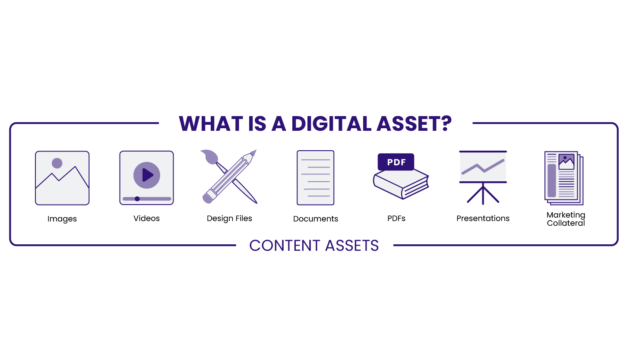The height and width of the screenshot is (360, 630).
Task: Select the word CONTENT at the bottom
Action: coord(284,246)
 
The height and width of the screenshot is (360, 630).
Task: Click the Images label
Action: coord(62,219)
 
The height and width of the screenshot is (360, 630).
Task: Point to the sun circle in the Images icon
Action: coord(57,163)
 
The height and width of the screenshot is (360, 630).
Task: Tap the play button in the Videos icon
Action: coord(147,175)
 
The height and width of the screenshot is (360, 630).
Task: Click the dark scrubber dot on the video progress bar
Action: coord(137,199)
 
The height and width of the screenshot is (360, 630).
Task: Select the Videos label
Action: coord(146,218)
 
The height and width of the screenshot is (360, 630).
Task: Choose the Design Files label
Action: coord(229,218)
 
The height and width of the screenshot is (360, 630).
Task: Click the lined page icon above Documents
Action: coord(316,177)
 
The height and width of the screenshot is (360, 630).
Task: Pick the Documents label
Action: coord(316,219)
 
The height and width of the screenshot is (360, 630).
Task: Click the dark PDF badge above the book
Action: coord(396,162)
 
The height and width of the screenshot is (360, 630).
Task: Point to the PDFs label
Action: coord(396,218)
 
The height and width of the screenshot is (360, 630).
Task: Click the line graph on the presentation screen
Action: coord(483,167)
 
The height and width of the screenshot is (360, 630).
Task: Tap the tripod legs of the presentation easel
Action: coord(483,195)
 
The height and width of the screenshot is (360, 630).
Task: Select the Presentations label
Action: coord(483,218)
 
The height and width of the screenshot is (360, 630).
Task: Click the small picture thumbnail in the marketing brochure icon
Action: coord(566,161)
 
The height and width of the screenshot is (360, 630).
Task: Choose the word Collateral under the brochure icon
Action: coord(566,223)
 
